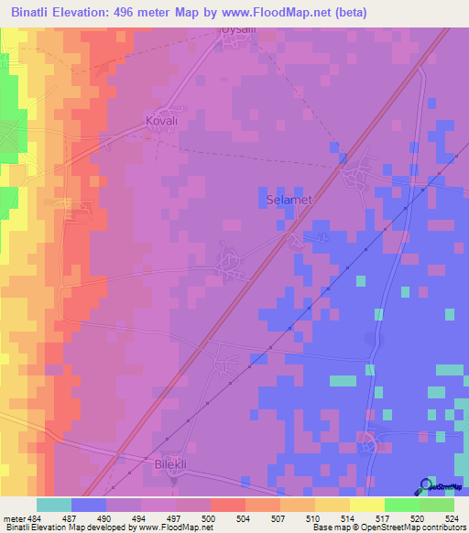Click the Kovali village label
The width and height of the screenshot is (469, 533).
pos(160,120)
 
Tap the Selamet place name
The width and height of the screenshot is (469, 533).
pos(289,199)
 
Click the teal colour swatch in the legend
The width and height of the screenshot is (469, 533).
pos(54,505)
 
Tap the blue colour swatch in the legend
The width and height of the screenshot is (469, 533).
pos(89,505)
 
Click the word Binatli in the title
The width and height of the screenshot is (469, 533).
pos(36,12)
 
